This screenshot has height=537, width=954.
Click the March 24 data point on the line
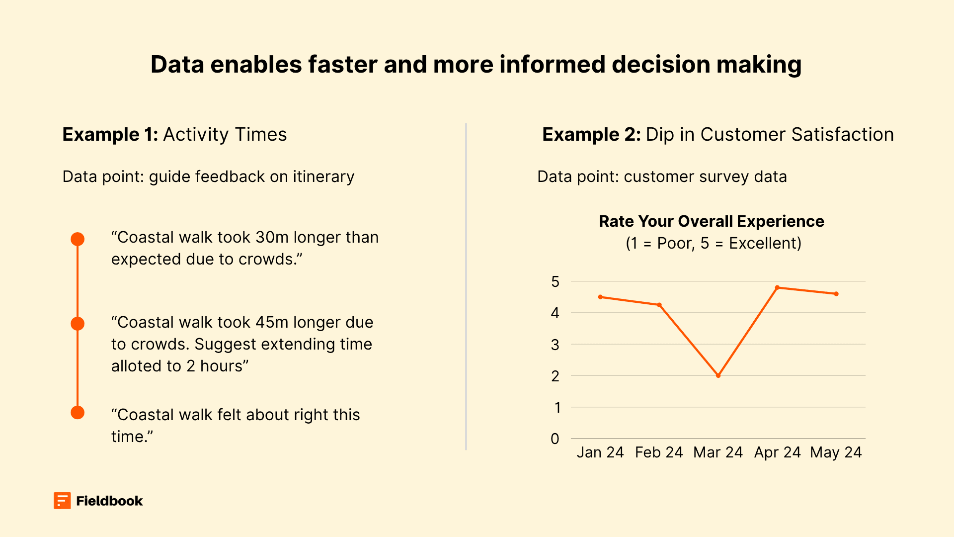point(718,375)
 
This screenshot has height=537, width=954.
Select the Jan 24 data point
point(600,297)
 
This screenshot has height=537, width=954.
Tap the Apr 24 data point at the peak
point(777,287)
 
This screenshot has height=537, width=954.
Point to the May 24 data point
point(836,294)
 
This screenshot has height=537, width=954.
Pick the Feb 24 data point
point(659,305)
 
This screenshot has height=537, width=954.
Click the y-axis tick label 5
point(555,282)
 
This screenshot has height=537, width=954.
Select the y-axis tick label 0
point(555,439)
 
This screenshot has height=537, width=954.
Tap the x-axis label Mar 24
point(717,452)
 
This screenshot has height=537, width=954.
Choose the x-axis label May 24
point(836,452)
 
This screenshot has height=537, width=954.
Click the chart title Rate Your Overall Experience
point(711,221)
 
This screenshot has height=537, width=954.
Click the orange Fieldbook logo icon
point(62,501)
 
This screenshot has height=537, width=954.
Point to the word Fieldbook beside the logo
point(109,501)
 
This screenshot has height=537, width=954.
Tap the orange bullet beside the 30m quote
point(78,239)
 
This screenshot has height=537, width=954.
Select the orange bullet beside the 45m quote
point(78,324)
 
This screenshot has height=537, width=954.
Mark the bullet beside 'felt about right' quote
point(78,413)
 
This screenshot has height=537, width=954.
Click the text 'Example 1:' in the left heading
point(110,135)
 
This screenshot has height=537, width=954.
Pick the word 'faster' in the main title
point(342,65)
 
